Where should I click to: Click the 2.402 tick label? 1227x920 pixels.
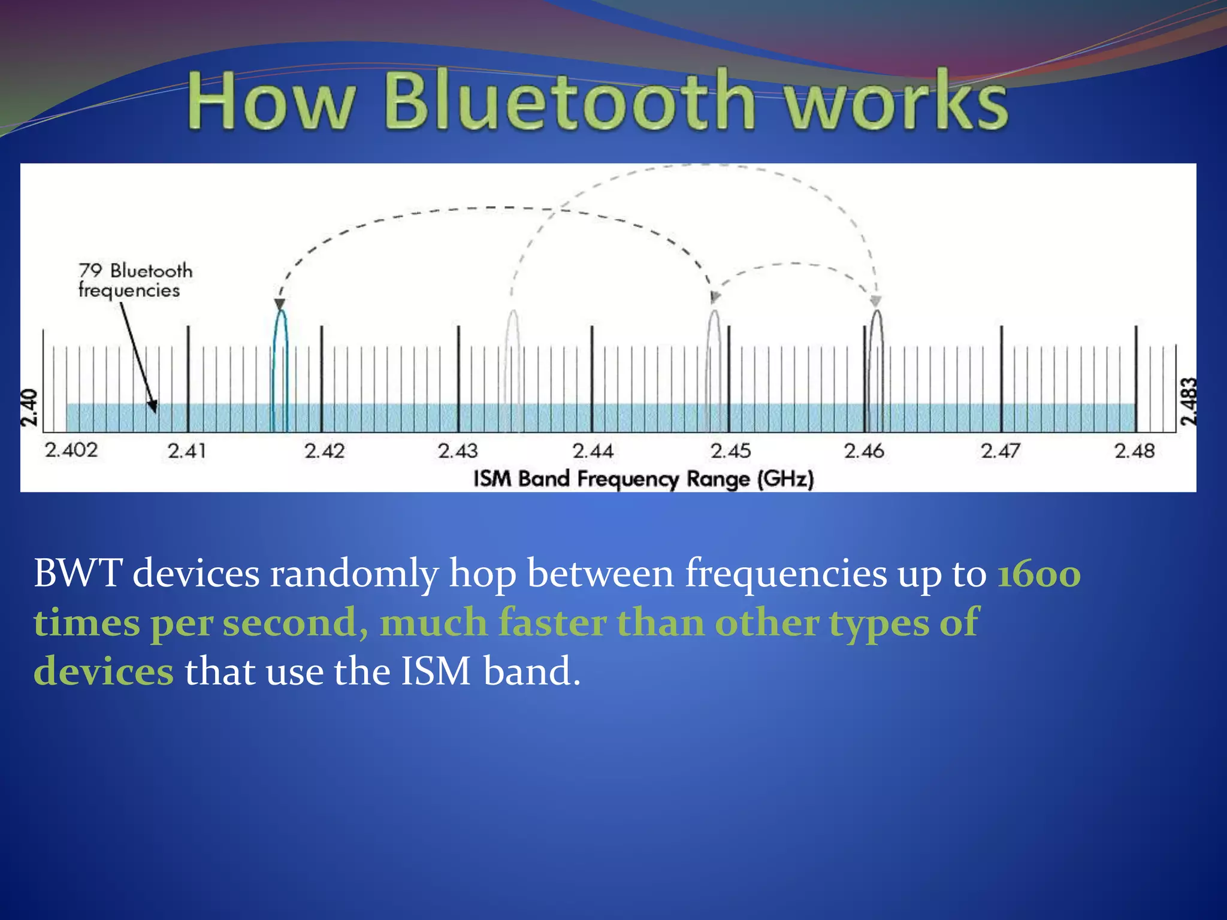click(x=71, y=450)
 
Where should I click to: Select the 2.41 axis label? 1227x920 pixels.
click(x=186, y=450)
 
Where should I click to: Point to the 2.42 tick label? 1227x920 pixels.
click(x=324, y=450)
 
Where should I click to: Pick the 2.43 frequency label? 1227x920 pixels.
click(x=458, y=450)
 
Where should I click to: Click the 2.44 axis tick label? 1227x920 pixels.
click(x=593, y=450)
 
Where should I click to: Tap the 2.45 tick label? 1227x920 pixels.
click(x=730, y=450)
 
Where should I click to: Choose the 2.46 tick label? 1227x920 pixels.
click(x=864, y=450)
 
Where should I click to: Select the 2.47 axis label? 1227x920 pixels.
click(x=1000, y=450)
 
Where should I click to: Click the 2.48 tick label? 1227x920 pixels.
click(x=1134, y=450)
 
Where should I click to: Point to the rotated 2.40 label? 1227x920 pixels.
click(x=29, y=407)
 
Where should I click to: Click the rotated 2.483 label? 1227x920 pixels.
click(x=1188, y=401)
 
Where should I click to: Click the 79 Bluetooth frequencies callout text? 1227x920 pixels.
click(x=135, y=280)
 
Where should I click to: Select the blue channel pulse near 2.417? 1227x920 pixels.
click(x=280, y=359)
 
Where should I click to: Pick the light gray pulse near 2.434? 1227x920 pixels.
click(x=513, y=359)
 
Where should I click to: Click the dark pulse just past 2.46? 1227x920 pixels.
click(x=877, y=359)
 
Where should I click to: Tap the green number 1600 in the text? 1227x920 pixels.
click(x=1039, y=574)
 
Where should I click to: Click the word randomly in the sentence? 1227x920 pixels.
click(x=353, y=574)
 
